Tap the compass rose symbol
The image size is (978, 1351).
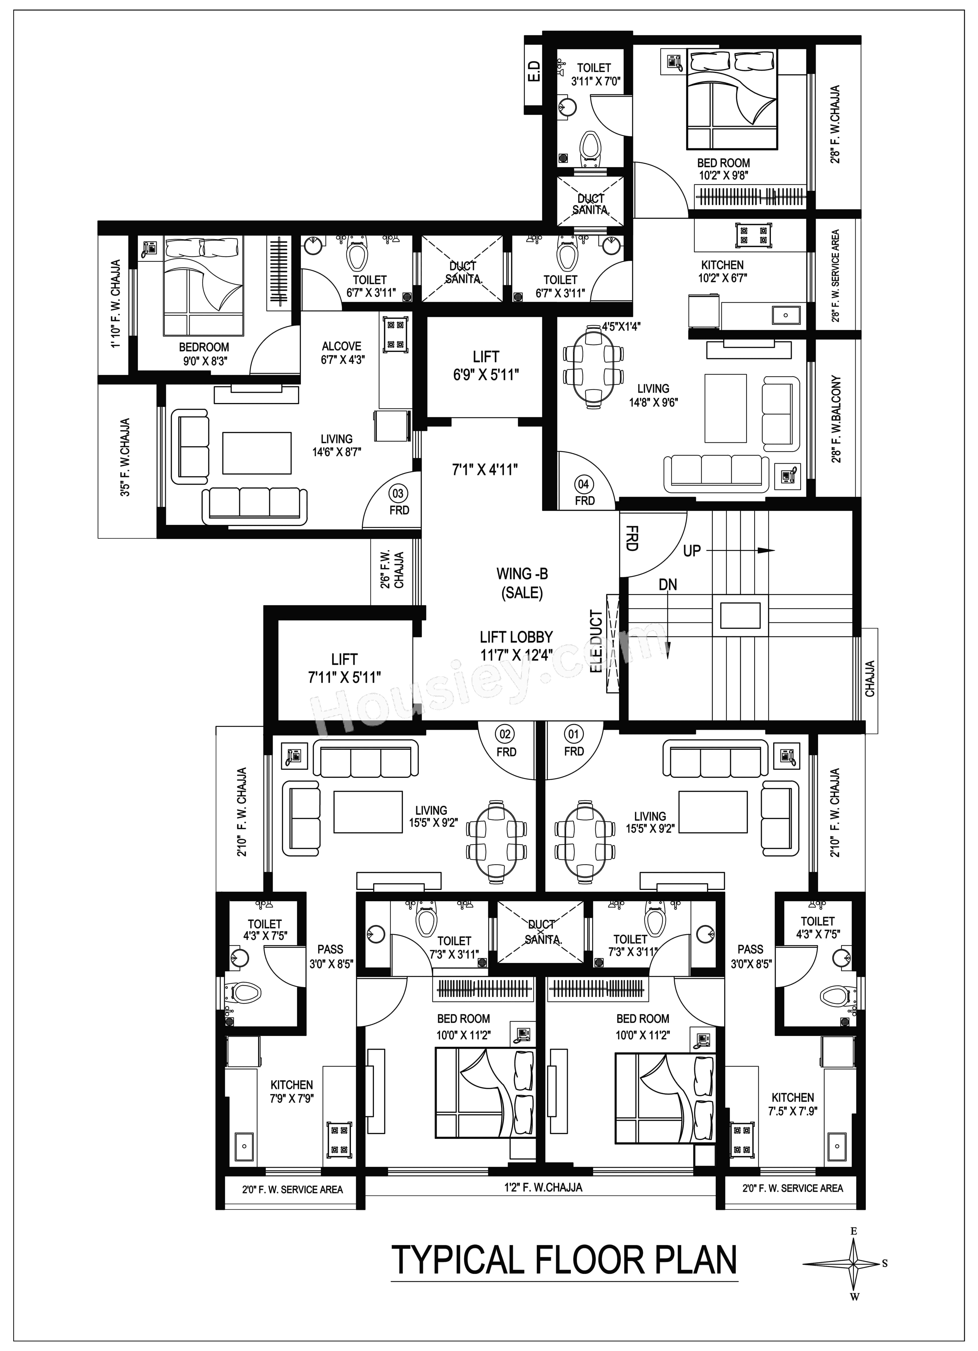(853, 1263)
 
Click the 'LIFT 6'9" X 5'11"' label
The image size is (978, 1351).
(486, 365)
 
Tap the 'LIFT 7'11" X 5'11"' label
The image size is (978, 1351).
(345, 668)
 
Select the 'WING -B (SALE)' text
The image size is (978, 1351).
(522, 583)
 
